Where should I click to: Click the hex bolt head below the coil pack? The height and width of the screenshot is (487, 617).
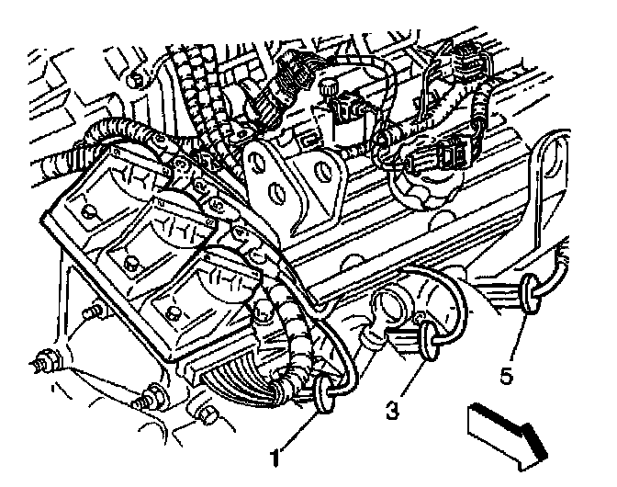tap(206, 415)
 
